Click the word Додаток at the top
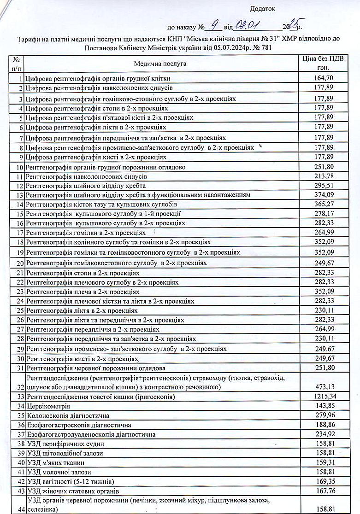(x=262, y=8)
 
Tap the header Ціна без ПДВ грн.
(x=323, y=63)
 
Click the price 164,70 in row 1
(x=323, y=78)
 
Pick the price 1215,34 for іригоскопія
(x=323, y=397)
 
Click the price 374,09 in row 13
(x=323, y=195)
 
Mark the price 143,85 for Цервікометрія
(x=323, y=406)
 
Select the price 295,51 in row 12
(x=323, y=186)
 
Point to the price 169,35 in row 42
(x=323, y=482)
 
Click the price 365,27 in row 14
(x=323, y=204)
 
